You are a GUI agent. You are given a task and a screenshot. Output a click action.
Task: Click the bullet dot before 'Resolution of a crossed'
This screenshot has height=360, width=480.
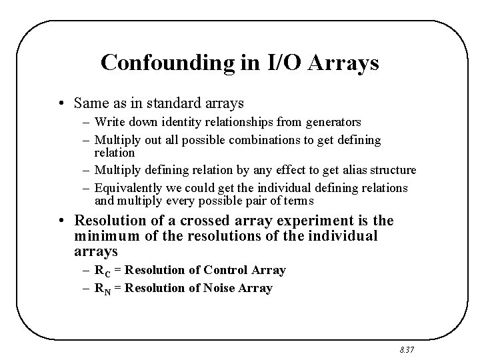pyautogui.click(x=65, y=221)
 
